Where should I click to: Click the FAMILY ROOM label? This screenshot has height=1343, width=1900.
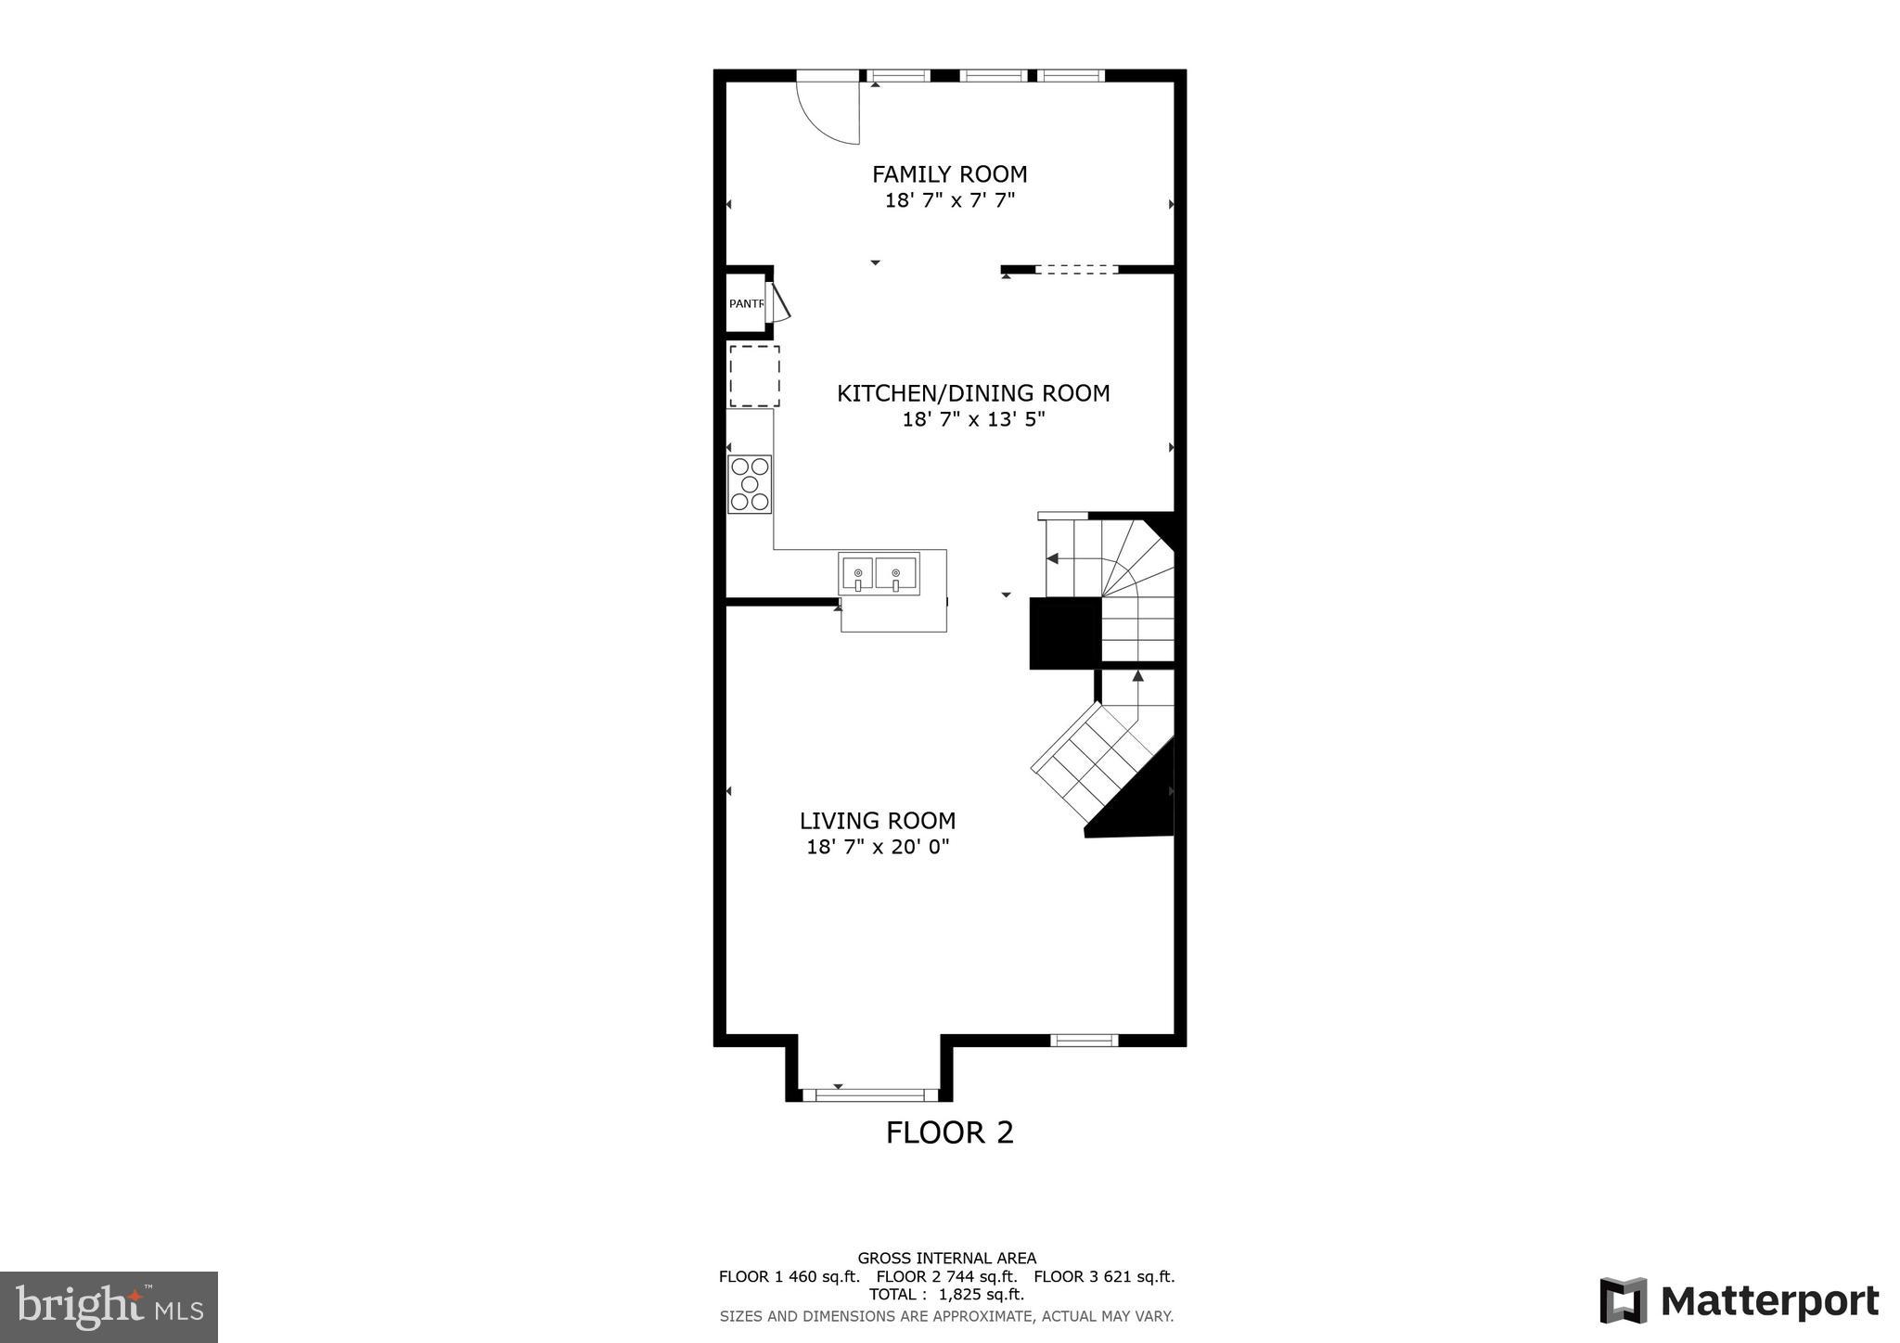(x=949, y=174)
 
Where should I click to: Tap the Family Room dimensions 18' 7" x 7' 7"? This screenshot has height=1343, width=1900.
(x=949, y=200)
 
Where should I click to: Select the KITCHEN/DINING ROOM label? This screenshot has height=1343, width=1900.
(x=973, y=393)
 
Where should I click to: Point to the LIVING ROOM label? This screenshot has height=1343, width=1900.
(x=878, y=821)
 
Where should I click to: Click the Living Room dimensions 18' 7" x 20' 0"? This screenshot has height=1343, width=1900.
(x=878, y=847)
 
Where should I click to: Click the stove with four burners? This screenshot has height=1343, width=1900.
(x=750, y=484)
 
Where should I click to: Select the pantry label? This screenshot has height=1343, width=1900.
(x=746, y=303)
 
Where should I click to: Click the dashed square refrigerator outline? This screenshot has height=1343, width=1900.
(x=754, y=376)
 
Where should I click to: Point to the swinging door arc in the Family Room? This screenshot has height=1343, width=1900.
(x=830, y=116)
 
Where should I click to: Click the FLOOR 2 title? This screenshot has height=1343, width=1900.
(x=949, y=1132)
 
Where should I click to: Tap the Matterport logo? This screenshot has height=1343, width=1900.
(x=1739, y=1301)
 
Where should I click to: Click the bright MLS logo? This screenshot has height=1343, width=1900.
(x=109, y=1308)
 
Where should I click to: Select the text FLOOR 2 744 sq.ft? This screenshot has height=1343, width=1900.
(x=946, y=1276)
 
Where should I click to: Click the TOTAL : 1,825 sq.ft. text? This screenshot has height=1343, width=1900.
(x=946, y=1295)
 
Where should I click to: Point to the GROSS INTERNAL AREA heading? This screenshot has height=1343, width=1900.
(x=946, y=1259)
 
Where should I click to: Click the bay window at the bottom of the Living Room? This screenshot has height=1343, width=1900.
(x=870, y=1095)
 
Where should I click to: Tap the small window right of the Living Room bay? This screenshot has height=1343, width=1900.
(x=1084, y=1041)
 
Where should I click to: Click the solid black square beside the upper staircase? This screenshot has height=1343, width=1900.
(x=1064, y=633)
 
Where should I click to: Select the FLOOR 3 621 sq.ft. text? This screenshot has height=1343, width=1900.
(x=1104, y=1276)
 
